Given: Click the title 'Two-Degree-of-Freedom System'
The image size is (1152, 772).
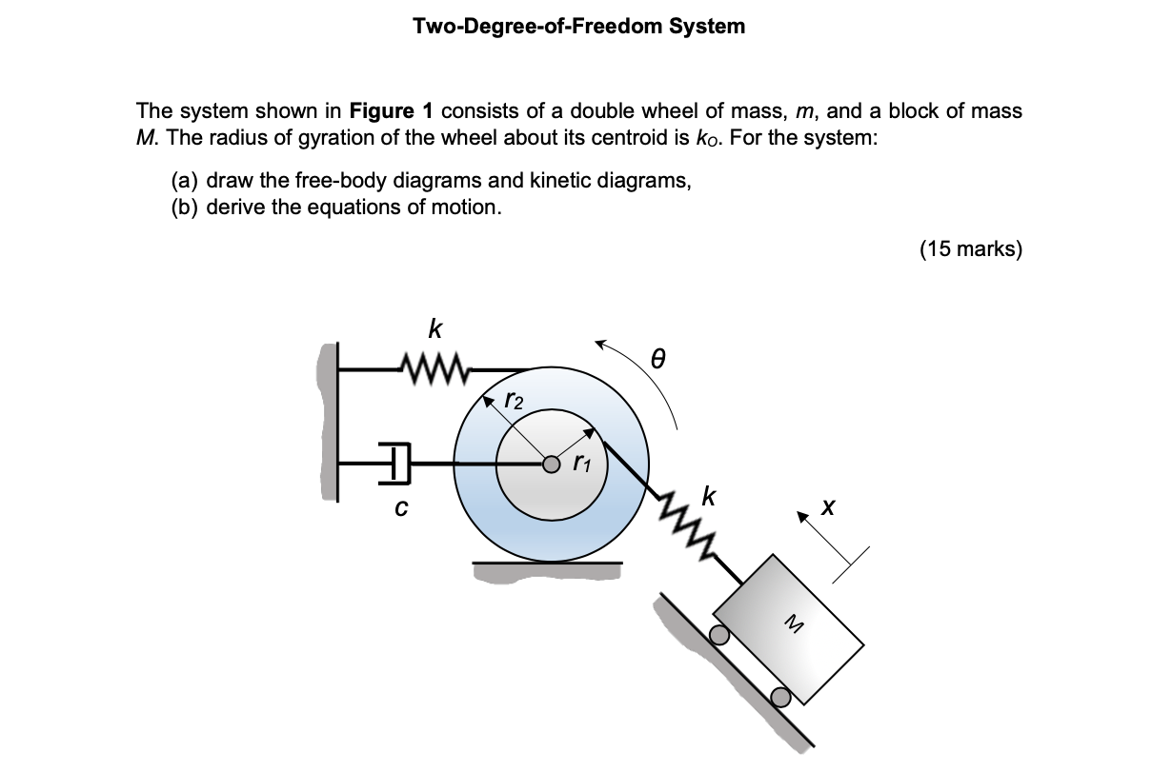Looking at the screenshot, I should [579, 27].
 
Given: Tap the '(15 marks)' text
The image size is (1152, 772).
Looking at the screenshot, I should [970, 249].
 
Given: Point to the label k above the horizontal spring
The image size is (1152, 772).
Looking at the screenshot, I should [435, 330].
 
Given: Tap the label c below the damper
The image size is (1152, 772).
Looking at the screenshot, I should [400, 510].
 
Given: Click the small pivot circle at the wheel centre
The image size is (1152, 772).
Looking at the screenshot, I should [551, 465].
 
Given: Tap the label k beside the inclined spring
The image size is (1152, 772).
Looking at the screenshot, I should [708, 495].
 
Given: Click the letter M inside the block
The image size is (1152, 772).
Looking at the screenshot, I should [791, 624].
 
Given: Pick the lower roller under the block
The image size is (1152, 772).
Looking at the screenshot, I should [780, 697].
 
